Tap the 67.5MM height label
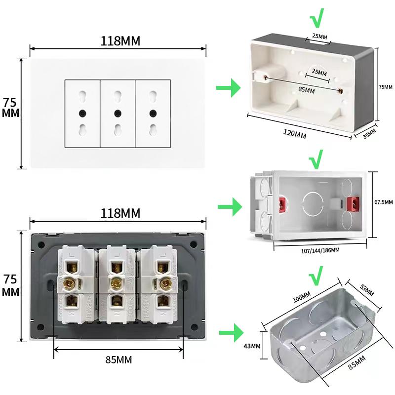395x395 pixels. click(x=383, y=202)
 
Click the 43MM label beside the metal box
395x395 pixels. click(x=252, y=346)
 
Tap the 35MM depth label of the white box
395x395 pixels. click(x=369, y=134)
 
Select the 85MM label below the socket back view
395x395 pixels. click(x=118, y=360)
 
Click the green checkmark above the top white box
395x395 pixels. click(x=316, y=20)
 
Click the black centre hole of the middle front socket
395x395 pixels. click(x=118, y=113)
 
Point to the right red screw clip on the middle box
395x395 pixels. click(x=353, y=203)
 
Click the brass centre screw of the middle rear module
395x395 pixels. click(x=116, y=283)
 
